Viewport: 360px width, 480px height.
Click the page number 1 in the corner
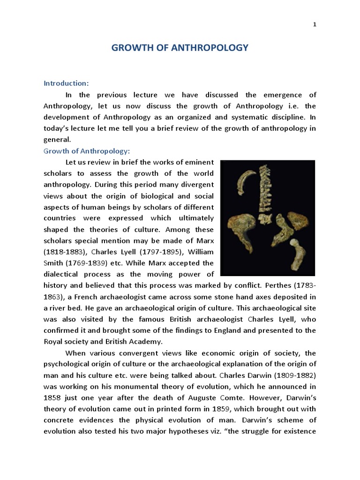pos(315,25)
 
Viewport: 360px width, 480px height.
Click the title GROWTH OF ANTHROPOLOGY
pos(180,48)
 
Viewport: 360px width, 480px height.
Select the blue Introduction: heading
pos(66,83)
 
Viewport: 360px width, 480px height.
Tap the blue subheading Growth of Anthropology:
pos(86,151)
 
